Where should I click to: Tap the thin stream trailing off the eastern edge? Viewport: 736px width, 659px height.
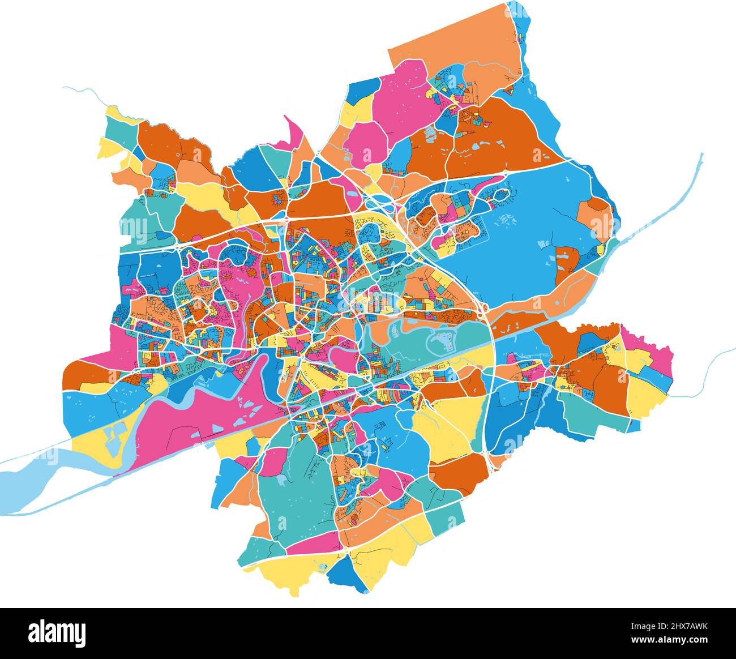pos(708,368)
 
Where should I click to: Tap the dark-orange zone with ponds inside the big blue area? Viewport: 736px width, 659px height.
pos(566,263)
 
